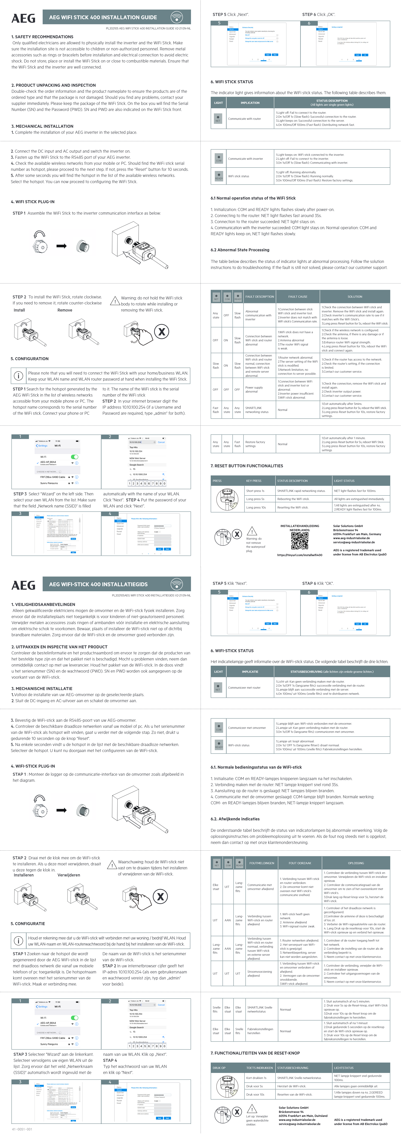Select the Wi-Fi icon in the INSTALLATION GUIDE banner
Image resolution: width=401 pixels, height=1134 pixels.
click(x=176, y=17)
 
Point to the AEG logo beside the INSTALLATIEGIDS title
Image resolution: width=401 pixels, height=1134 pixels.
click(x=23, y=585)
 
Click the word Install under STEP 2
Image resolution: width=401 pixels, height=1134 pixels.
click(x=19, y=310)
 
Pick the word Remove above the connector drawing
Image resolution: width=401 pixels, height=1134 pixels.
click(x=65, y=310)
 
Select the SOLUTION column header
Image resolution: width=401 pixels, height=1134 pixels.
click(x=355, y=297)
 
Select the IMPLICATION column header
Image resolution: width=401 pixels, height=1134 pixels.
click(x=250, y=103)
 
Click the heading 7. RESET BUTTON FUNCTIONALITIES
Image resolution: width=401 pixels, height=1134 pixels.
click(x=247, y=466)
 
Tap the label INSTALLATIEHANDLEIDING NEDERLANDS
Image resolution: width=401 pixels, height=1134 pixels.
click(x=300, y=528)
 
